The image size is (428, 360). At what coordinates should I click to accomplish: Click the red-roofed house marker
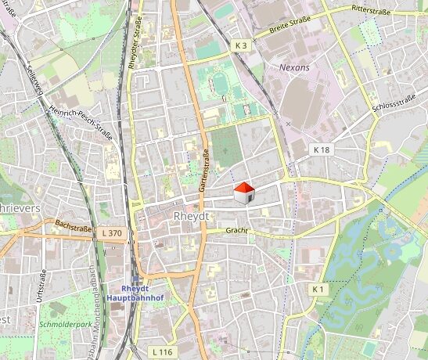tap(244, 193)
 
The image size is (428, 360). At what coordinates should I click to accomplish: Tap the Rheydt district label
tap(189, 216)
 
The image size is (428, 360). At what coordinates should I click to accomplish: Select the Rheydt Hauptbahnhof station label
tap(135, 293)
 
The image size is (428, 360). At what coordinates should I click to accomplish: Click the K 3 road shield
tap(241, 47)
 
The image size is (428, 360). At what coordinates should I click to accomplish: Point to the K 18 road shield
tap(322, 149)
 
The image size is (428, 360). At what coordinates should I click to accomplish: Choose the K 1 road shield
tap(318, 290)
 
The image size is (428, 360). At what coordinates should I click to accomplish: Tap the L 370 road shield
tap(112, 233)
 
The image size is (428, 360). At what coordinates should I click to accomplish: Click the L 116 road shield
tap(163, 352)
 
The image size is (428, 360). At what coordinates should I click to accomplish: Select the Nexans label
tap(295, 68)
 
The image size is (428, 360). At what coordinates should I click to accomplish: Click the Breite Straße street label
tap(290, 23)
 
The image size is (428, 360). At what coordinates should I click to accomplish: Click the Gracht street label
tap(236, 232)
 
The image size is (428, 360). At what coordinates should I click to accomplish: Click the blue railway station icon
tap(135, 279)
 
